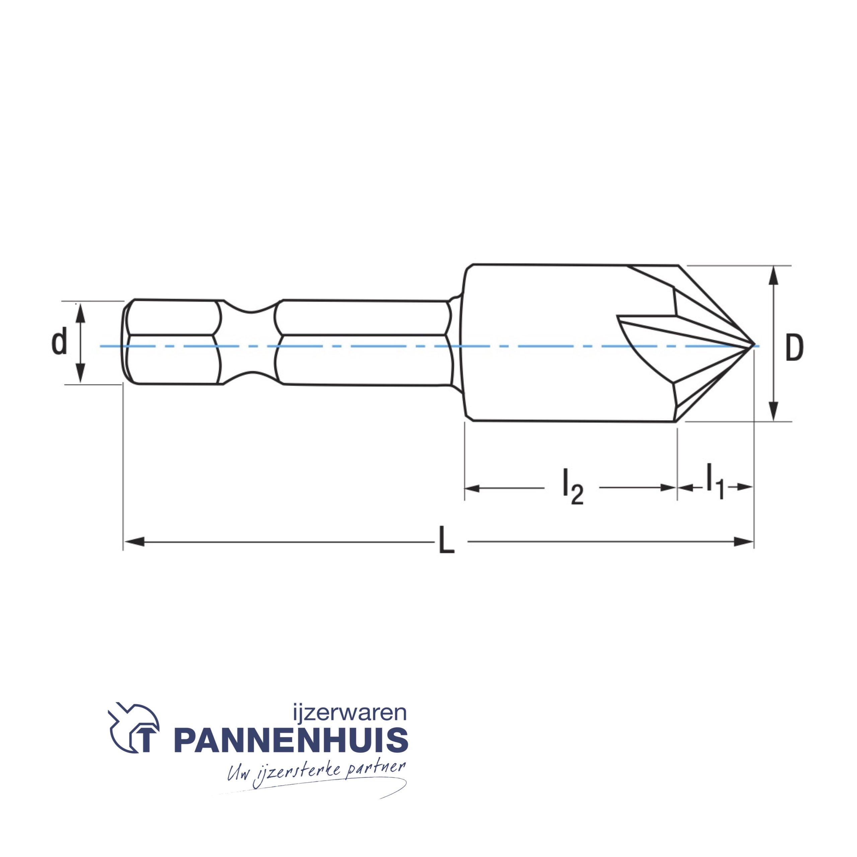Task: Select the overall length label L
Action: (446, 541)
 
